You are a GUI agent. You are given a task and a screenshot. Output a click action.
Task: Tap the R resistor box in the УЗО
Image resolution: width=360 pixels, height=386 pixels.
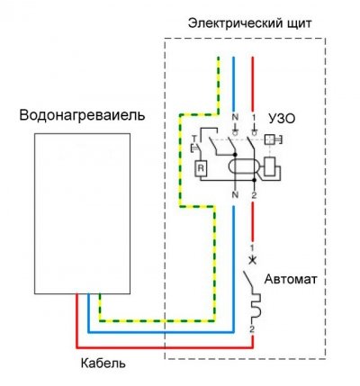[x=202, y=167]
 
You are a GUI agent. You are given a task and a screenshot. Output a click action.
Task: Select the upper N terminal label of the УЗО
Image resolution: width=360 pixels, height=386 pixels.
[x=234, y=118]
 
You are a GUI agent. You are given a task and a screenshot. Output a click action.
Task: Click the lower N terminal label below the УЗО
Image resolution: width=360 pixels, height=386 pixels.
[x=234, y=194]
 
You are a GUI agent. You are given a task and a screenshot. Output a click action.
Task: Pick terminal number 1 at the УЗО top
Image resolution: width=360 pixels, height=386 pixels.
[x=254, y=118]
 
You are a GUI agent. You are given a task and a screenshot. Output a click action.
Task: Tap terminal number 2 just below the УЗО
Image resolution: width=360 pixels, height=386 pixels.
[x=254, y=194]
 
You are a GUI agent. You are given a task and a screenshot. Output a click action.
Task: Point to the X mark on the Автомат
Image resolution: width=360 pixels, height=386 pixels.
[x=253, y=260]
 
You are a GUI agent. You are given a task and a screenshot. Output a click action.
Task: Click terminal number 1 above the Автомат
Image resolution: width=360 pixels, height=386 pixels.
[x=253, y=246]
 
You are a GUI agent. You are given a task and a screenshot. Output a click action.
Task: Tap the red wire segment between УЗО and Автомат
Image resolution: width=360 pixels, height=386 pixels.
[x=253, y=220]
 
